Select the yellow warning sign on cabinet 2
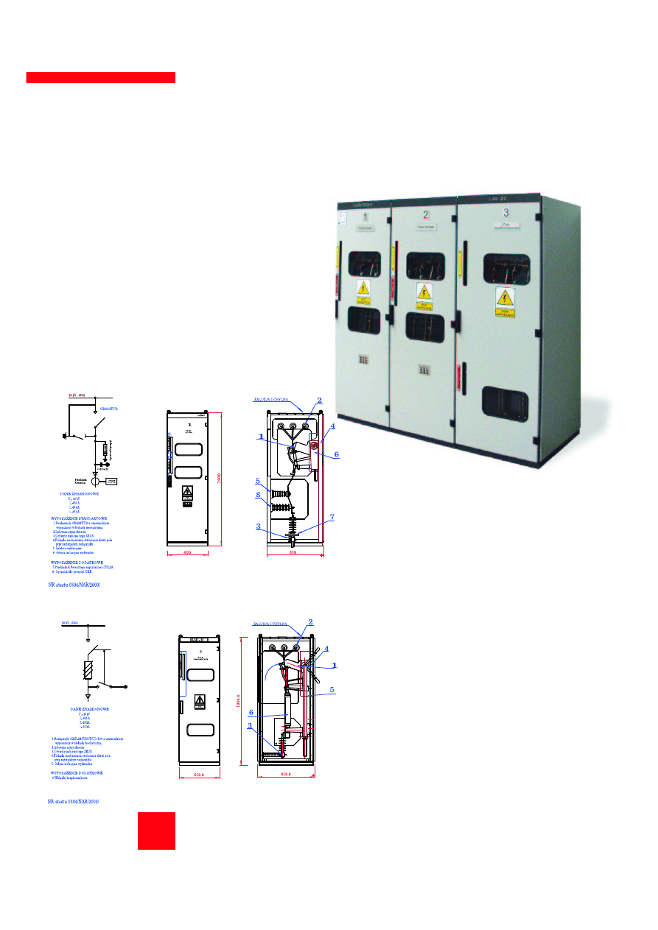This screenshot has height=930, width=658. (424, 295)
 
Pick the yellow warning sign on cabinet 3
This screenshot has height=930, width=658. (505, 302)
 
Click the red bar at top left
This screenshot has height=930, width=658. (101, 77)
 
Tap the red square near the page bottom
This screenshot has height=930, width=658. (156, 831)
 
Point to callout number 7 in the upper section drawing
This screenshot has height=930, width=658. (332, 517)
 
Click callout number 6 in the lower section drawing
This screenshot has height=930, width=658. (251, 712)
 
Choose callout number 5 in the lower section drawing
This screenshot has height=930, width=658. (332, 690)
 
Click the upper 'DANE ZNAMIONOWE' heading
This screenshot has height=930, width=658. (85, 494)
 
